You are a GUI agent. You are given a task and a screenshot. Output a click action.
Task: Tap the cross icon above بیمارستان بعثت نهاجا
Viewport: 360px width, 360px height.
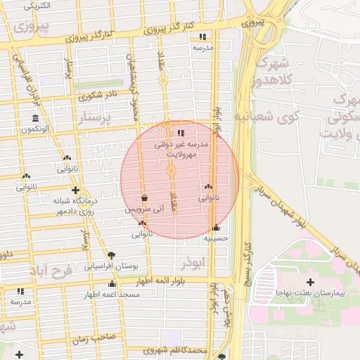tap(311, 281)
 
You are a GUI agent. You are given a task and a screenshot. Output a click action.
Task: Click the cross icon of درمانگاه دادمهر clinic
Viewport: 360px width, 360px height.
tap(75, 190)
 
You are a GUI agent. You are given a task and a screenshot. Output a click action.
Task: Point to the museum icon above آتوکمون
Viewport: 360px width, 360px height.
tap(35, 118)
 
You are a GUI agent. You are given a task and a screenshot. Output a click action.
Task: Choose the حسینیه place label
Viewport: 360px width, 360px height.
tap(216, 238)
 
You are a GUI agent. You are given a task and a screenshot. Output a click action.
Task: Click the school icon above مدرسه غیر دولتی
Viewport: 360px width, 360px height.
tap(181, 133)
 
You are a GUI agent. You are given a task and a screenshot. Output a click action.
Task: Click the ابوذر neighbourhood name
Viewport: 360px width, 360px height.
tap(191, 262)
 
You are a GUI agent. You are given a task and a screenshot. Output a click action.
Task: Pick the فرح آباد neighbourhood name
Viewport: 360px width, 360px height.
tap(53, 271)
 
